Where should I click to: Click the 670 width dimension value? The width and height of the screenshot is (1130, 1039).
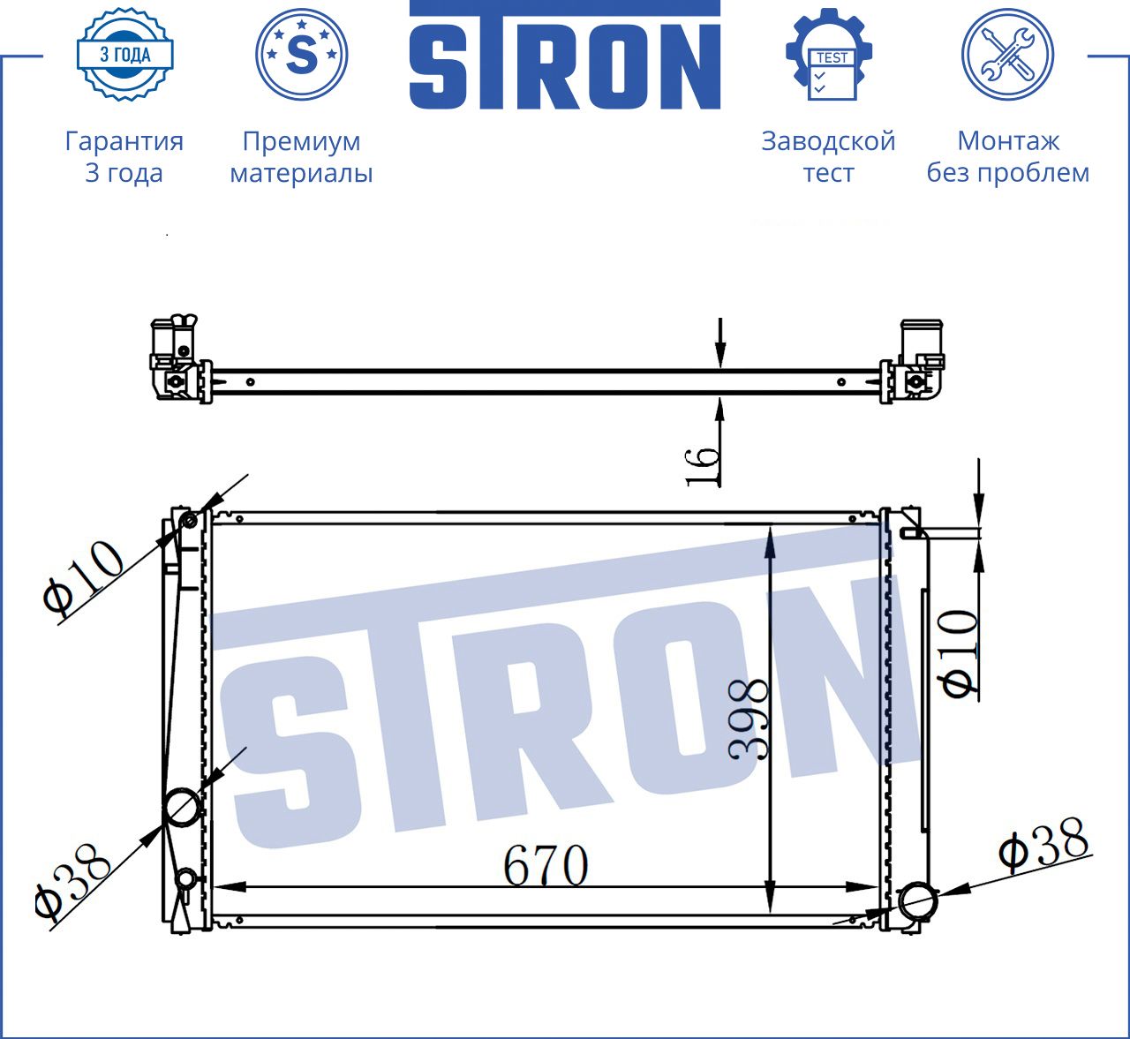(x=546, y=864)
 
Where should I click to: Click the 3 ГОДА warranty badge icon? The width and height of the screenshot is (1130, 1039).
(x=125, y=55)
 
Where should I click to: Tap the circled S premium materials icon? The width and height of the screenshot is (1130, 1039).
(x=301, y=55)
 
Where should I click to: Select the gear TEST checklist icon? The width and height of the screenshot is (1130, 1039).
(x=829, y=55)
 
